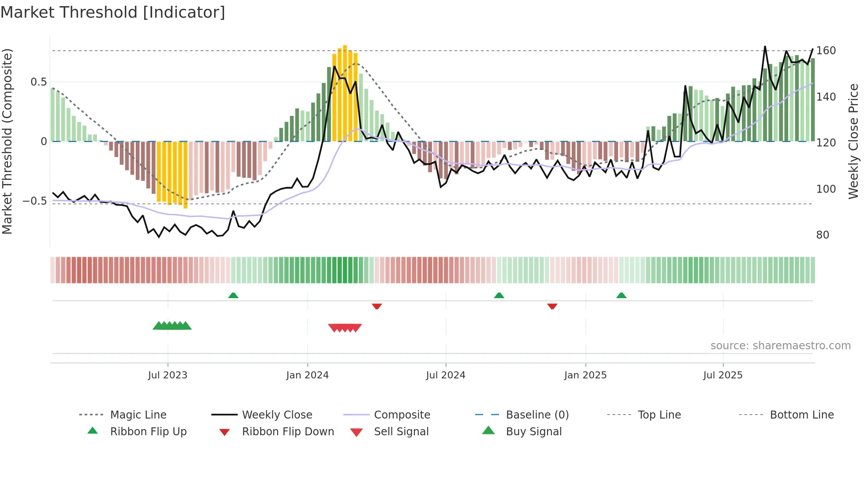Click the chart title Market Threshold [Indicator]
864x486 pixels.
[x=113, y=12]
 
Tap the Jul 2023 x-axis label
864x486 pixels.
[x=168, y=375]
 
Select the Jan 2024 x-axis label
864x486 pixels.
[x=307, y=375]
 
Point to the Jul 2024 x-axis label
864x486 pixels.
[x=446, y=375]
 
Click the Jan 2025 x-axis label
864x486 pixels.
[x=585, y=375]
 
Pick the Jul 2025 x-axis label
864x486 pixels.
[x=723, y=375]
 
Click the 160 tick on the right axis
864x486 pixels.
[x=826, y=51]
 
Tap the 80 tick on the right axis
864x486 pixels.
[x=823, y=235]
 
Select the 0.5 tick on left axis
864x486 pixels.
[x=39, y=82]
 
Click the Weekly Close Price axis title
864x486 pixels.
[x=853, y=141]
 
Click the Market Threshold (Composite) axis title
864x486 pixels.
[x=7, y=141]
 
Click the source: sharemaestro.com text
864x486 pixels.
[x=780, y=346]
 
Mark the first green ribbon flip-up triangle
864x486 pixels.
[x=233, y=295]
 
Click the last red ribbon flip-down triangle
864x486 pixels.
[x=552, y=306]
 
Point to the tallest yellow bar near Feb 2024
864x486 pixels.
[x=345, y=93]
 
